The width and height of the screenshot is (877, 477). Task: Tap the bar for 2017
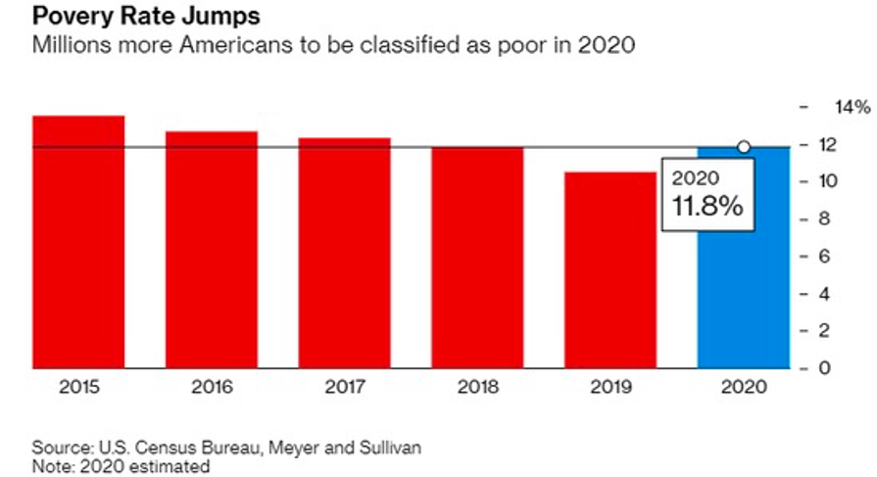pos(345,254)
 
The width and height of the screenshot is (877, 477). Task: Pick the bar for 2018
pos(477,259)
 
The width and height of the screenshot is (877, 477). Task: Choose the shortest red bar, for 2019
pos(609,271)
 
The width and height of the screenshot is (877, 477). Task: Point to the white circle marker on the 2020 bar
pos(744,147)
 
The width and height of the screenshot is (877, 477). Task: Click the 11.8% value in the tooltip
pos(706,207)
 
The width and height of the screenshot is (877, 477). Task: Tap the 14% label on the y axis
pos(850,107)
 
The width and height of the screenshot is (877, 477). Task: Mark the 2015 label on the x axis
pos(78,388)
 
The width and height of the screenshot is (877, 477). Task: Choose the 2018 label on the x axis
pos(477,388)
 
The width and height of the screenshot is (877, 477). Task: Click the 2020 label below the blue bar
pos(742,388)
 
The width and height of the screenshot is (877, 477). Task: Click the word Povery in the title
pos(71,18)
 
